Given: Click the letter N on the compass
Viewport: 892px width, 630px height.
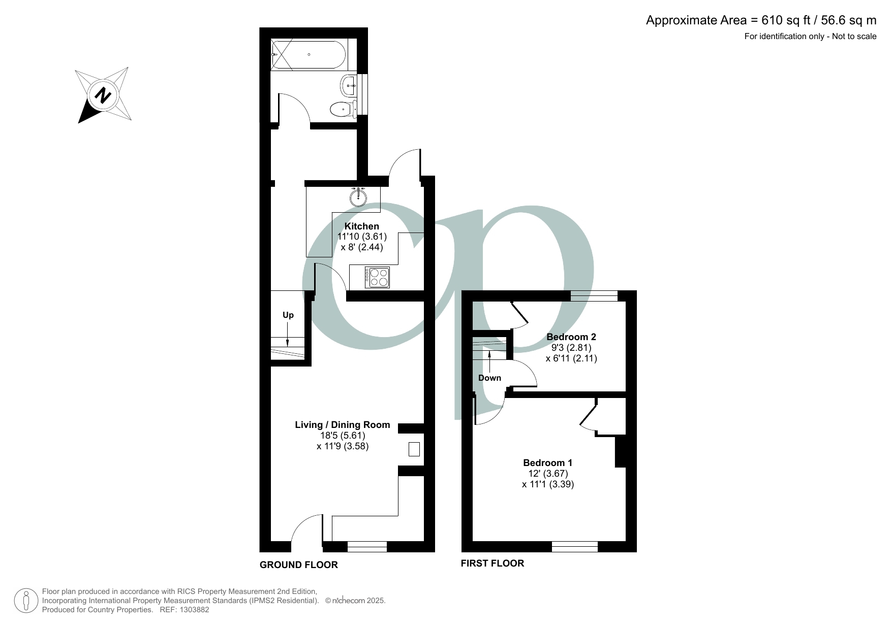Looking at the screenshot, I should click(103, 95).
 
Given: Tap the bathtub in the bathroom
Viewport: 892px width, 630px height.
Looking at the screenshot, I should click(309, 55).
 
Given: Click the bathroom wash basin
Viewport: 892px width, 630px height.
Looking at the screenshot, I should click(349, 85).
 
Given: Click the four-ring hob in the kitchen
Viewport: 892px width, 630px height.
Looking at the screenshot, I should click(377, 277).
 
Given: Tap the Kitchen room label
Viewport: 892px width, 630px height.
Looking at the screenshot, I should click(361, 226).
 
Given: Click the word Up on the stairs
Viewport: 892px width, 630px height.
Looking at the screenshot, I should click(288, 315).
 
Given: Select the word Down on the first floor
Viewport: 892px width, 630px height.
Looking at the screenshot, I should click(489, 378).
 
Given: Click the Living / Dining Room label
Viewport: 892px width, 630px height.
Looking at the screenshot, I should click(342, 424).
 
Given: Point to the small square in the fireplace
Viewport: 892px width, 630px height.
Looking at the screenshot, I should click(414, 449).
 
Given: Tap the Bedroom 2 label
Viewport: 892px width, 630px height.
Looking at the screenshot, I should click(571, 337).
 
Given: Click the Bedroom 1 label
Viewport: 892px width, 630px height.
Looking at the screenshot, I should click(547, 462).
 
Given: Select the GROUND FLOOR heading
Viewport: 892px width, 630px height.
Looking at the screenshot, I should click(298, 565).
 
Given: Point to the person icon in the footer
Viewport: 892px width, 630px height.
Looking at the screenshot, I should click(25, 601).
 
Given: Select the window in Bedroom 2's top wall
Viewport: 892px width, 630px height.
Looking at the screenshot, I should click(594, 295).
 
